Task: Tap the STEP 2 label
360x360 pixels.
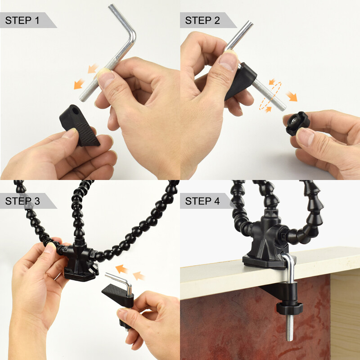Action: [x=202, y=20]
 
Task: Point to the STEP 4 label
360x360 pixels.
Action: [x=202, y=201]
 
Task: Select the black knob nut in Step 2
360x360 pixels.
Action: [x=297, y=122]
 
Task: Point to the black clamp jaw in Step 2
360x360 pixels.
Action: [x=241, y=81]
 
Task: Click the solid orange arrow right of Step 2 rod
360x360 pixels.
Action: [x=292, y=96]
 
